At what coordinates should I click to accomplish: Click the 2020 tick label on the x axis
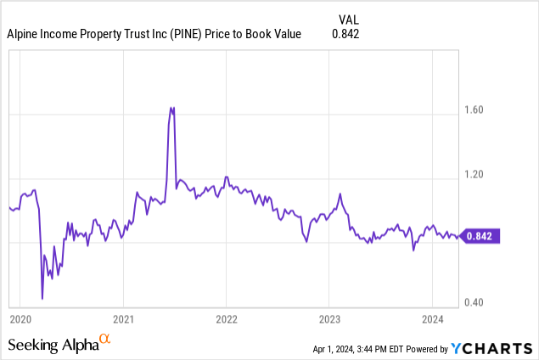pos(20,319)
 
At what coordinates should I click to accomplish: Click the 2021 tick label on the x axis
pos(123,319)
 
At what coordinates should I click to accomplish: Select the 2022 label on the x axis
pos(226,319)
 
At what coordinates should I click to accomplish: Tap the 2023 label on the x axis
pos(329,319)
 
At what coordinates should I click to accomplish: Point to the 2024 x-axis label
pos(432,319)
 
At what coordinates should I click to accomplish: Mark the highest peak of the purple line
pos(172,108)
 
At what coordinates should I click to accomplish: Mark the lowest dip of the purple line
pos(42,299)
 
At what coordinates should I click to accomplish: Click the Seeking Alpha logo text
pos(53,344)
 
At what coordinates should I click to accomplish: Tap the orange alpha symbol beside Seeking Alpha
pos(105,339)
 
